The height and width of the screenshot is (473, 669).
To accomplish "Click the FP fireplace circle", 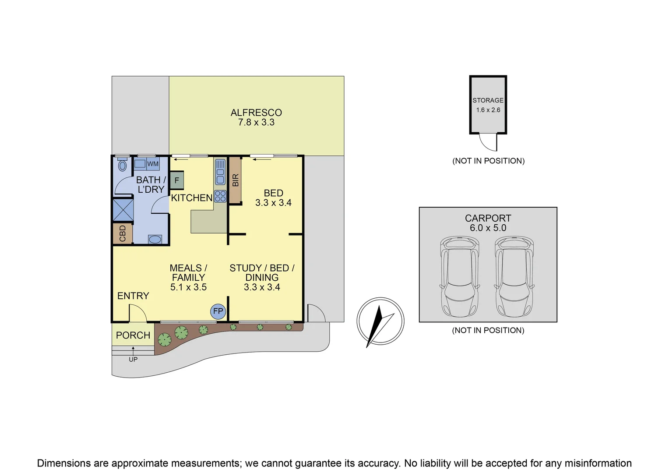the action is (x=218, y=311).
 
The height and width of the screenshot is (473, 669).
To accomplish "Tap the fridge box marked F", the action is (x=177, y=180).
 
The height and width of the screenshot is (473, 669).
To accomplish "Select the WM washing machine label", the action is (x=153, y=164).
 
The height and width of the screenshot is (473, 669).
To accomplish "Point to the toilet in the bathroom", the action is (x=123, y=165).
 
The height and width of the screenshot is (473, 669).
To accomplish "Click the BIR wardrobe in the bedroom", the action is (x=235, y=180).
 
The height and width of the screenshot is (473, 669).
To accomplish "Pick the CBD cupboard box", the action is (x=123, y=233).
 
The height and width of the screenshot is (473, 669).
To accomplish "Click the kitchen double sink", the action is (x=220, y=172).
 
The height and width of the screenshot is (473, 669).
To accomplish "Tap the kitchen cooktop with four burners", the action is (x=220, y=196).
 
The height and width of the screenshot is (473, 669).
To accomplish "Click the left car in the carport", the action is (x=459, y=276).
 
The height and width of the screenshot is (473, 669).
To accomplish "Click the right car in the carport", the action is (x=514, y=276).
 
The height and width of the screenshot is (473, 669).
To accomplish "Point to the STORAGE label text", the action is (x=488, y=100).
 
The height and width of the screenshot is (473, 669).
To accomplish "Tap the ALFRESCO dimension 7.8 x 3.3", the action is (x=256, y=123).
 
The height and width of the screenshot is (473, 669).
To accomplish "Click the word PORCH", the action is (x=133, y=335).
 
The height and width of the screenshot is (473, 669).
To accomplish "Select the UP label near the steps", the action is (x=133, y=359).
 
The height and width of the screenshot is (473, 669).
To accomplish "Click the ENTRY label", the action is (x=133, y=296).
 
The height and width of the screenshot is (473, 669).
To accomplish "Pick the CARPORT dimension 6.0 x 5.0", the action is (x=488, y=228).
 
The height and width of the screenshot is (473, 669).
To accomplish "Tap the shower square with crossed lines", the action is (x=123, y=210).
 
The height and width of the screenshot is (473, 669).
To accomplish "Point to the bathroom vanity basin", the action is (x=155, y=239).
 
